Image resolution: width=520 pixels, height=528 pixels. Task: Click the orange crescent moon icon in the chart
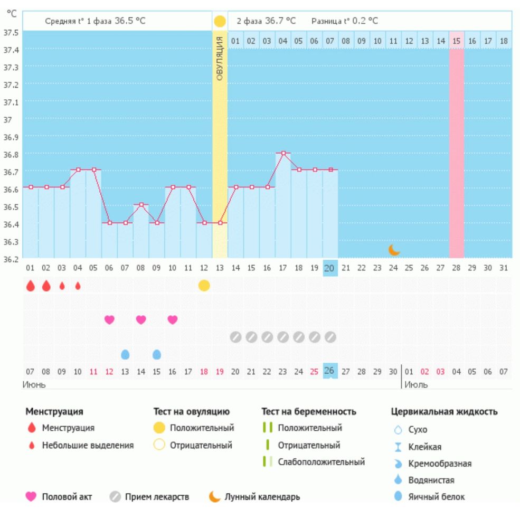click(393, 250)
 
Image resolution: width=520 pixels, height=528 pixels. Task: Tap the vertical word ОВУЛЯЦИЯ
click(220, 58)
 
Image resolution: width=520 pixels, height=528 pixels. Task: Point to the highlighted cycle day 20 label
click(329, 268)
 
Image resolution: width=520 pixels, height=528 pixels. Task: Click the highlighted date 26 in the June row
click(329, 371)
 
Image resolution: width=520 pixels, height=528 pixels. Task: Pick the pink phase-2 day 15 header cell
click(457, 41)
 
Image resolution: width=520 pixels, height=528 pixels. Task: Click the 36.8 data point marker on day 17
click(283, 153)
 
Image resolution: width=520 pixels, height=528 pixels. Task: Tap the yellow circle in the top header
click(220, 22)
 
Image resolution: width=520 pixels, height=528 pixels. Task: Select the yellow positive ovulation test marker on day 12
click(204, 286)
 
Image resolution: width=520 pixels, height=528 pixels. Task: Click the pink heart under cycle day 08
click(141, 319)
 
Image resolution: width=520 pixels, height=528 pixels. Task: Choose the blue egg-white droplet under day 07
click(125, 354)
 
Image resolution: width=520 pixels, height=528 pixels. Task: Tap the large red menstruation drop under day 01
click(31, 286)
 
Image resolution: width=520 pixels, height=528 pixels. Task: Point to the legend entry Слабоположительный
click(321, 462)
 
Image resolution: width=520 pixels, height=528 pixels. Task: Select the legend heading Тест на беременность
click(309, 411)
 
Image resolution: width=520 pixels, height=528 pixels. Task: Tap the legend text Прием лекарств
click(157, 497)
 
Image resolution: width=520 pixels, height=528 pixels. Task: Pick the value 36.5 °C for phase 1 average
click(130, 21)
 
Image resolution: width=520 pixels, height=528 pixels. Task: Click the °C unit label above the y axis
click(11, 14)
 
